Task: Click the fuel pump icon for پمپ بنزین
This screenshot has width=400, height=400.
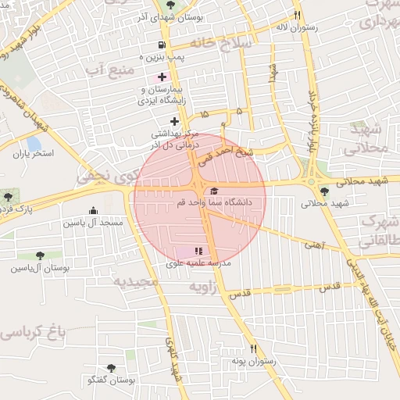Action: [x=162, y=45]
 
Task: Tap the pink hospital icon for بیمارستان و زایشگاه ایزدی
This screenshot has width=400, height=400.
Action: [x=162, y=77]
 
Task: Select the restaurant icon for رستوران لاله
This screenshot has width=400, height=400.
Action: [x=297, y=15]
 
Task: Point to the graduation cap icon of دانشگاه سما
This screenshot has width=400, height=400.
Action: [x=213, y=191]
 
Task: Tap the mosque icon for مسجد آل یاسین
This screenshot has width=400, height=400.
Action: [x=94, y=210]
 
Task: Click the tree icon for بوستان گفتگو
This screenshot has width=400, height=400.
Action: [x=110, y=366]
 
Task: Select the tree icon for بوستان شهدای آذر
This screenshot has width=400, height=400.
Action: [x=171, y=5]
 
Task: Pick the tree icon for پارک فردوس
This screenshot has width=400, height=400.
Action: [x=8, y=197]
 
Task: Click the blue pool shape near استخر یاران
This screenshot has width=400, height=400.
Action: [x=34, y=144]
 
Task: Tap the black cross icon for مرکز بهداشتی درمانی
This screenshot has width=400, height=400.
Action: [x=174, y=120]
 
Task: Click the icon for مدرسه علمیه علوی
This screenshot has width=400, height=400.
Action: [x=198, y=251]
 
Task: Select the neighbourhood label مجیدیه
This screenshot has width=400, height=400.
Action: [x=135, y=281]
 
